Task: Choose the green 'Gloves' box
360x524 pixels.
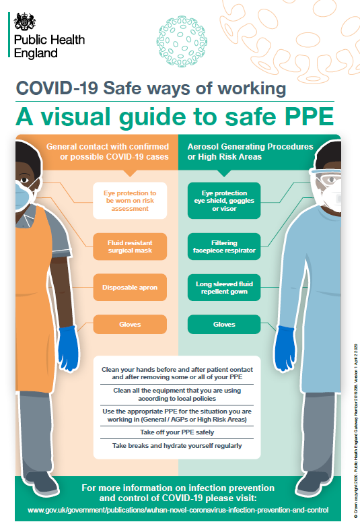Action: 224,325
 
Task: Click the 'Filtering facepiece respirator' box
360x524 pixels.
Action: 224,246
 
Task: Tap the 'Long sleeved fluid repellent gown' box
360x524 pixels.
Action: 224,288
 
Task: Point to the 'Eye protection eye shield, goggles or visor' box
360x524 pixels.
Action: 224,200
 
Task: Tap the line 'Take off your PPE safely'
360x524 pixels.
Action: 177,432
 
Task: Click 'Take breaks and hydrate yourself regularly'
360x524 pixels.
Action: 177,446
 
